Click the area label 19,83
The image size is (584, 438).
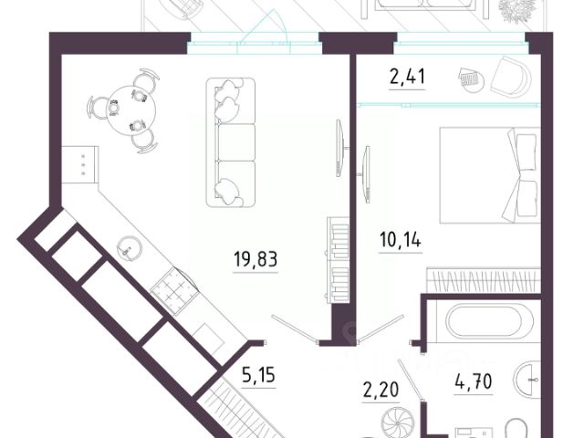tap(255, 258)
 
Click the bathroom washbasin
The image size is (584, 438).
tap(529, 378)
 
